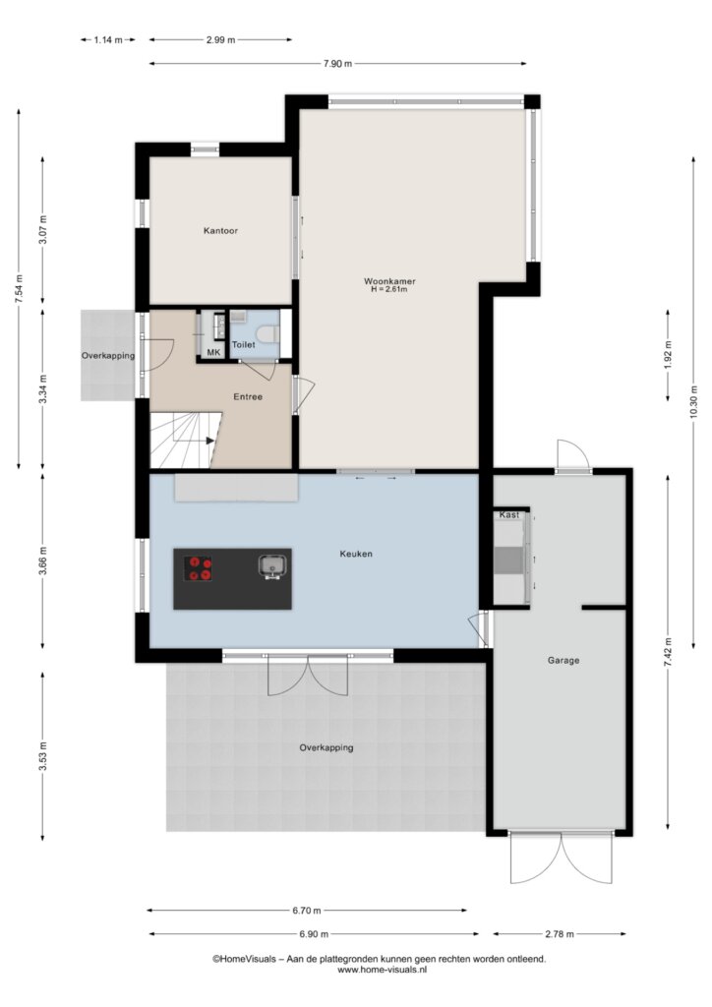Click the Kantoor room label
point(220,230)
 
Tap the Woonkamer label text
point(389,281)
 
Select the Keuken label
point(356,554)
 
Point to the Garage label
point(564,660)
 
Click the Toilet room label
point(243,345)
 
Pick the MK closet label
point(213,353)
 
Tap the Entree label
point(248,397)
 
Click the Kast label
point(509,515)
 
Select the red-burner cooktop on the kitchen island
point(199,568)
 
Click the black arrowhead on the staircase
point(209,441)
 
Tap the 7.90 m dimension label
point(337,64)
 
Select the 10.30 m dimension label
point(693,402)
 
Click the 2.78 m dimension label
point(560,934)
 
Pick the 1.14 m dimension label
point(108,39)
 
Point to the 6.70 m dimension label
point(307,910)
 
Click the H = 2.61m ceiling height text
point(389,290)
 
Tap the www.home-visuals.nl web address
point(382,970)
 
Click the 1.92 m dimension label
point(669,355)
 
